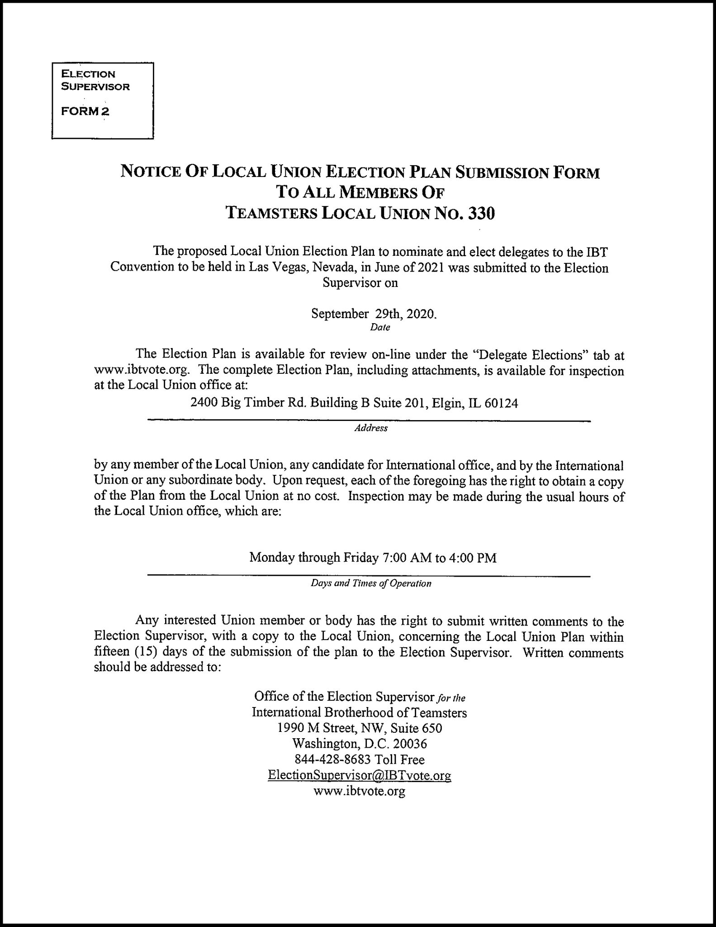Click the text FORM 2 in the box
coord(85,111)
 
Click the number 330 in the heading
coord(481,213)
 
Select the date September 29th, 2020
coord(374,314)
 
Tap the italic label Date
coord(380,327)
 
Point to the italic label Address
coord(371,428)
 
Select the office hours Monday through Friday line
coord(373,557)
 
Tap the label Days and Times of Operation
coord(371,583)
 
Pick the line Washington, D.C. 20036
coord(360,743)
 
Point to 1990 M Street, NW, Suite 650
coord(360,728)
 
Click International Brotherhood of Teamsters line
coord(360,712)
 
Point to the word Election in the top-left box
coord(89,74)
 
